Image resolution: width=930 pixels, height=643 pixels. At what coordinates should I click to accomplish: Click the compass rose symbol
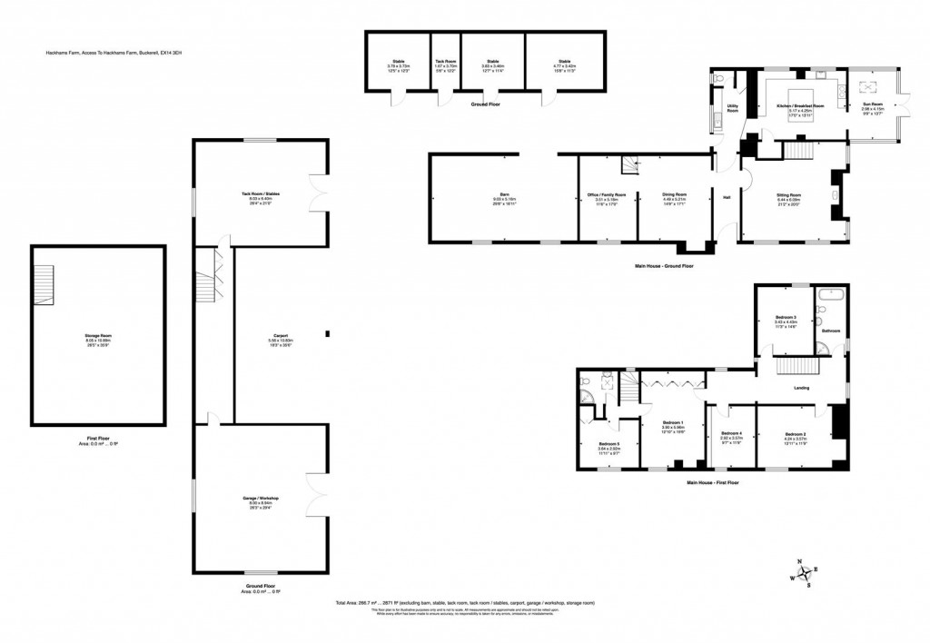pyautogui.click(x=799, y=573)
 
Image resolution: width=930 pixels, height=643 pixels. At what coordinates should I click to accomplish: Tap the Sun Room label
pyautogui.click(x=872, y=106)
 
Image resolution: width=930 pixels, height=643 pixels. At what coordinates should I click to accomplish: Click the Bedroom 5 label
pyautogui.click(x=608, y=443)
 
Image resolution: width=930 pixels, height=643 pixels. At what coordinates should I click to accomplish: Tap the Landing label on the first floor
pyautogui.click(x=801, y=388)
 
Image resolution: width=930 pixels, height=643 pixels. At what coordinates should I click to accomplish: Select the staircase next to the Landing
pyautogui.click(x=796, y=366)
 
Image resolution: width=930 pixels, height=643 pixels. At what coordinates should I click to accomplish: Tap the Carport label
pyautogui.click(x=280, y=335)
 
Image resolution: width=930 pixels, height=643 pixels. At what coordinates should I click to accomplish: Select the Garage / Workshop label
pyautogui.click(x=261, y=499)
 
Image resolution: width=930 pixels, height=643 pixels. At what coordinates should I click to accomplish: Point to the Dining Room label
pyautogui.click(x=674, y=195)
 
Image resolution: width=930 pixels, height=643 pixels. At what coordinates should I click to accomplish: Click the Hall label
pyautogui.click(x=727, y=197)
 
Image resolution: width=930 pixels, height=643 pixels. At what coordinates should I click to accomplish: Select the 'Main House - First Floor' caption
pyautogui.click(x=713, y=482)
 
